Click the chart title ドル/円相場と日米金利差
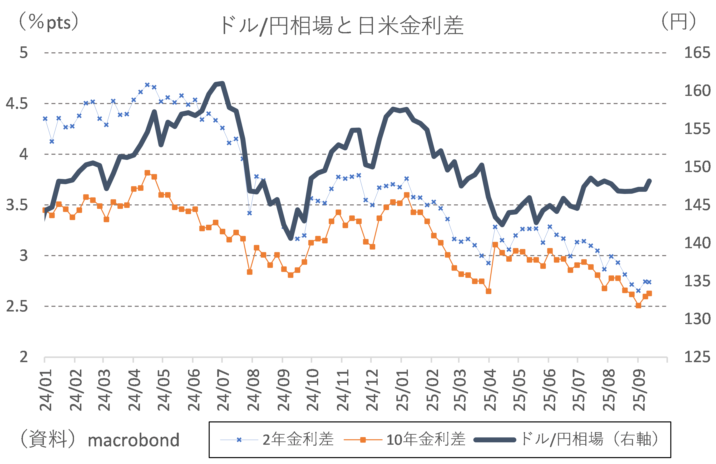342,25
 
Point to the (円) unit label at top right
679,22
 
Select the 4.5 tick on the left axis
17,104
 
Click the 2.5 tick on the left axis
17,306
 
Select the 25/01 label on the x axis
402,390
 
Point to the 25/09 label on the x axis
639,390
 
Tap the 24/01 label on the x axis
46,390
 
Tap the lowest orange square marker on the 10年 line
638,306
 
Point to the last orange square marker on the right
649,293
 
